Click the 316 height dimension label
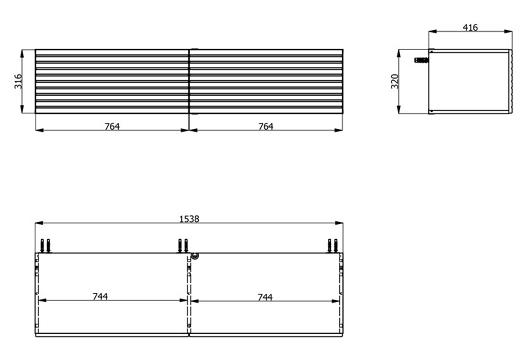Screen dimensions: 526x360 tap(18, 81)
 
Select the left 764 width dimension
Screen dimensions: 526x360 tap(112, 127)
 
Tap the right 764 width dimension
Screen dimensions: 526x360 tap(266, 127)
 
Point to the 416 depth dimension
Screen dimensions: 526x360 tap(470, 28)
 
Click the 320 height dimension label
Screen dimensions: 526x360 tap(395, 81)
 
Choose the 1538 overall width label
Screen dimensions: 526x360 tap(189, 219)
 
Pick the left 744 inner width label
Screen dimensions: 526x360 tap(100, 296)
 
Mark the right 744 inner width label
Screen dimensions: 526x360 tap(265, 297)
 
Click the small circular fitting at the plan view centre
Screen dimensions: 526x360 tap(195, 256)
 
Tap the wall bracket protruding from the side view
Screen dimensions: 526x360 tap(421, 60)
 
